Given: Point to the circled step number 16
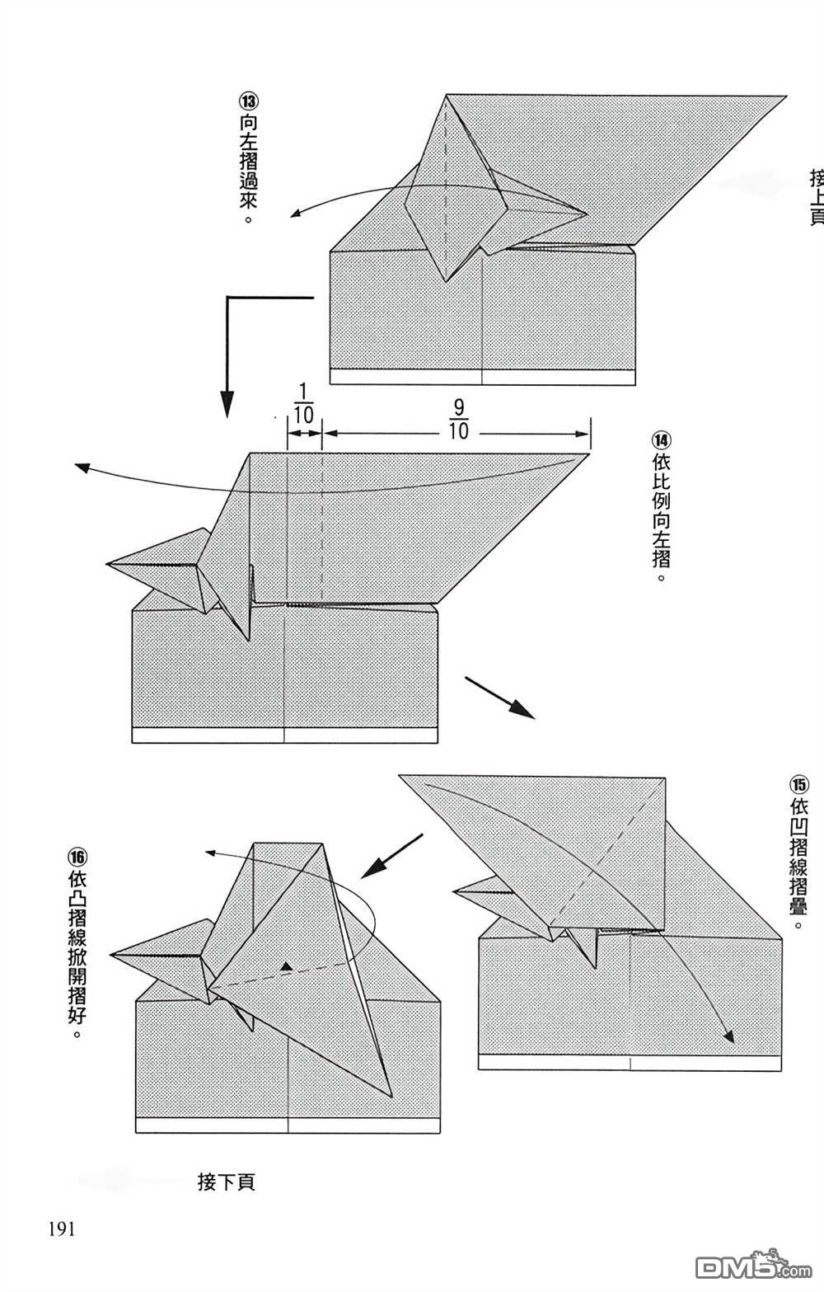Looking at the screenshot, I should pos(77,857).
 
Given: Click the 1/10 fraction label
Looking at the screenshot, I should pos(303,403).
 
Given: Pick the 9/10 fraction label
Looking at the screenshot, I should pos(459,420).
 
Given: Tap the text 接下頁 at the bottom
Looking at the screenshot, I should pos(227,1182).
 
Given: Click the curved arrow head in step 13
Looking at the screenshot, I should pos(294,216).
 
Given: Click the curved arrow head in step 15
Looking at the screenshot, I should pos(728,1036).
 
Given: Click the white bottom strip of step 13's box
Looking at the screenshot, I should pos(482,377).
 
